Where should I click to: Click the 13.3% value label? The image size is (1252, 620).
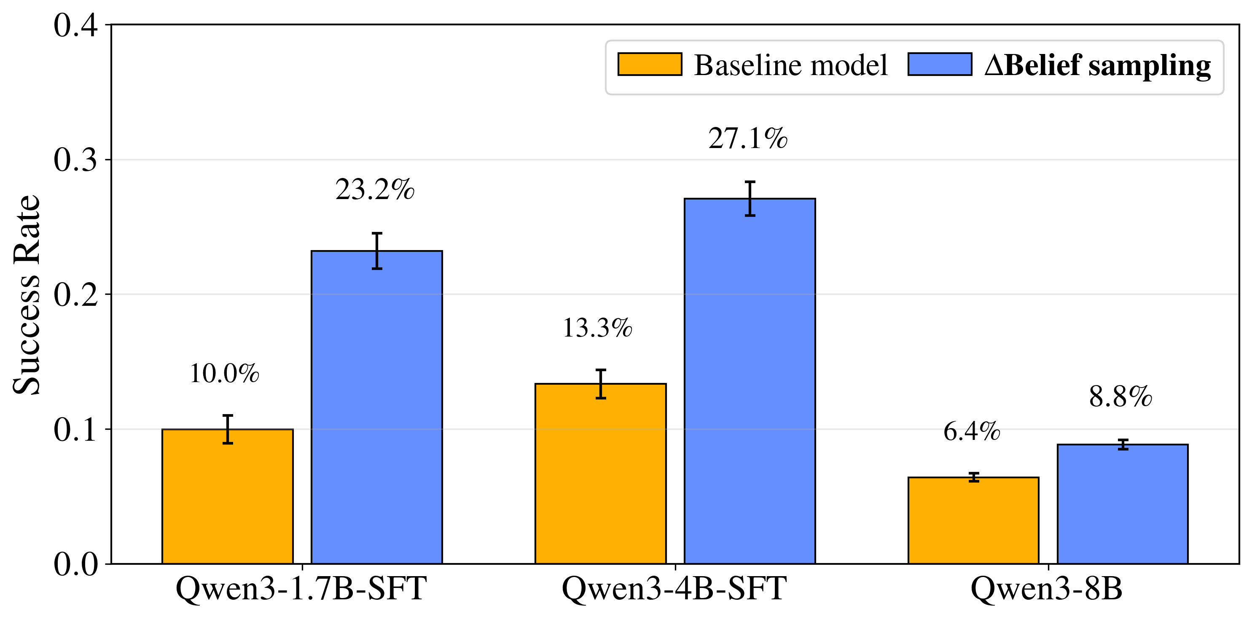tap(597, 328)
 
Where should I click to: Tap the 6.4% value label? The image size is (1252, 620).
tap(972, 431)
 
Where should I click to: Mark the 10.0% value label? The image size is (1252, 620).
tap(224, 373)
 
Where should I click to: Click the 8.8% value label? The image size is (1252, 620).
tap(1121, 396)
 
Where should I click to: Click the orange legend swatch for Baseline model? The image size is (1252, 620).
tap(649, 65)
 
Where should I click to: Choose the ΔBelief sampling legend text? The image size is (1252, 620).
tap(1097, 65)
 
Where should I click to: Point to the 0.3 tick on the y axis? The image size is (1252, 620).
tap(75, 159)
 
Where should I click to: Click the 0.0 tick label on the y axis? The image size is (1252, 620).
tap(75, 564)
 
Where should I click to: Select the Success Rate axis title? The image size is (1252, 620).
tap(27, 294)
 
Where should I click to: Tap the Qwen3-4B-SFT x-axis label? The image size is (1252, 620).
tap(674, 589)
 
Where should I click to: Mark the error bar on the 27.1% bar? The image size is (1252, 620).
tap(750, 198)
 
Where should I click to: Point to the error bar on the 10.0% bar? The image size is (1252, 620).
tap(228, 429)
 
